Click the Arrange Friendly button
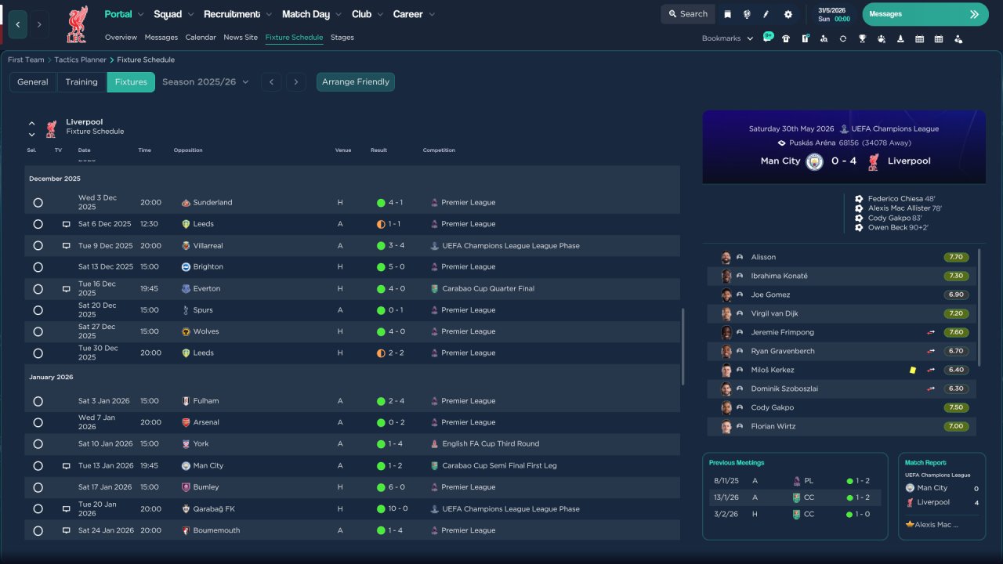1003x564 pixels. point(356,82)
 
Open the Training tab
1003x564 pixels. point(81,82)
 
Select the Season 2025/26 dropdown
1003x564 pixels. point(205,82)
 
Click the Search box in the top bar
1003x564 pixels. point(688,14)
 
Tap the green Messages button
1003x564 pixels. point(925,14)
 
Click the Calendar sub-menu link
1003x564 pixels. point(201,37)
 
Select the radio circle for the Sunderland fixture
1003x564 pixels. point(38,203)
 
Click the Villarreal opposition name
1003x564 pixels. point(208,246)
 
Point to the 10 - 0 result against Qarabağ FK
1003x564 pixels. point(398,508)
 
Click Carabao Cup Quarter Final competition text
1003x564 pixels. point(488,289)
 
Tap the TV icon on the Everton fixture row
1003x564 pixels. point(67,289)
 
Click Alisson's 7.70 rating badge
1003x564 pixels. point(956,257)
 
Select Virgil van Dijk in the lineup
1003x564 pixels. point(774,313)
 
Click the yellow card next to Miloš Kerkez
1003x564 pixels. point(913,371)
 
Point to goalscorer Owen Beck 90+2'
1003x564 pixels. point(898,227)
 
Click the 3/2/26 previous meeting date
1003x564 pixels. point(726,514)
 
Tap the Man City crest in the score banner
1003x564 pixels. point(814,161)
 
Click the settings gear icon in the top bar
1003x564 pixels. point(788,14)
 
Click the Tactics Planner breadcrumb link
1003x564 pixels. point(80,60)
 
